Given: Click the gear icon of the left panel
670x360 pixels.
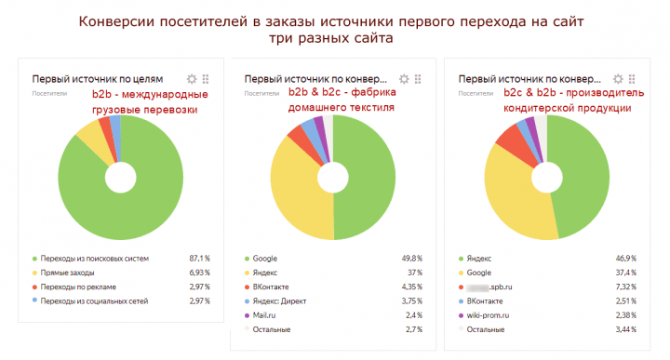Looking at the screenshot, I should [x=192, y=80].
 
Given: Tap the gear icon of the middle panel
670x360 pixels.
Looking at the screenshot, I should [x=404, y=80].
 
